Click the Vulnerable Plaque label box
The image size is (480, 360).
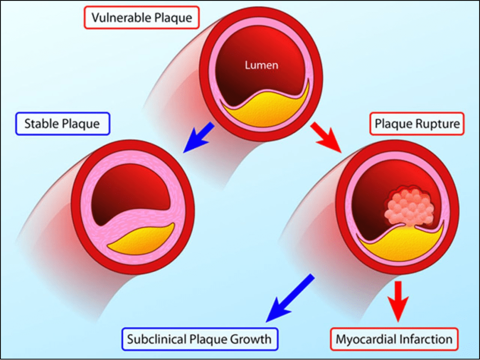(142, 18)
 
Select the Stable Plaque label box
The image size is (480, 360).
(62, 124)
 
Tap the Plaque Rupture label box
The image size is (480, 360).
(417, 124)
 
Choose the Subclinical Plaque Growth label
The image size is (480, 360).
(200, 338)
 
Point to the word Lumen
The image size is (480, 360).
(261, 65)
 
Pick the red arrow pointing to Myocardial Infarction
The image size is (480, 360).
(398, 300)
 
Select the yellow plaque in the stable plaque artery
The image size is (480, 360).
(141, 239)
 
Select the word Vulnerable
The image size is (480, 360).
(121, 18)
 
